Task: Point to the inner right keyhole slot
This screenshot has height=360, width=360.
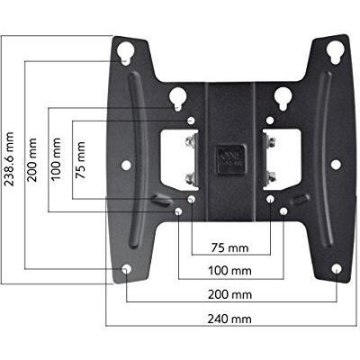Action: pyautogui.click(x=283, y=96)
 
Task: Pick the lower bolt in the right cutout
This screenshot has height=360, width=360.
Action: pyautogui.click(x=270, y=176)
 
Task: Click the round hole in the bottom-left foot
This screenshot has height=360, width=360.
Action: pyautogui.click(x=126, y=269)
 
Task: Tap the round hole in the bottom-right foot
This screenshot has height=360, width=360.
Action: pyautogui.click(x=336, y=269)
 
